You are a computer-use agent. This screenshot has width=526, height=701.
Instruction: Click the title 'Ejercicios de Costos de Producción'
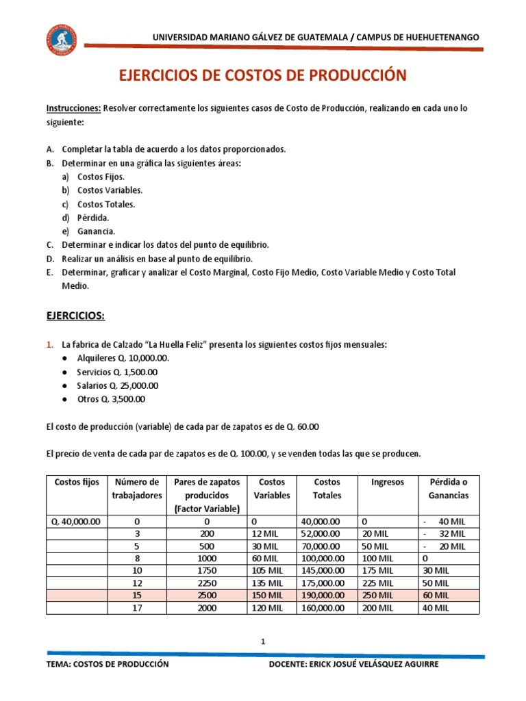point(263,75)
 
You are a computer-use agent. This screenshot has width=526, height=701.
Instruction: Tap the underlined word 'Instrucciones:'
point(73,108)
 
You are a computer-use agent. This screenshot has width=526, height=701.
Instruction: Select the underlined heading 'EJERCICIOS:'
point(75,317)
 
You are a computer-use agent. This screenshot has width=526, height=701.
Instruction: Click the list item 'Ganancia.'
point(97,231)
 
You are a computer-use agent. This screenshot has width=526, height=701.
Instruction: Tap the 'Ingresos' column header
point(387,482)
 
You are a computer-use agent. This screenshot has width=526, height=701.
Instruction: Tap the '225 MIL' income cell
point(377,583)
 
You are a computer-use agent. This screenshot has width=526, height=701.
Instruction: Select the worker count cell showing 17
point(137,607)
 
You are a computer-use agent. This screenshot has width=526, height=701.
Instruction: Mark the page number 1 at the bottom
point(262,641)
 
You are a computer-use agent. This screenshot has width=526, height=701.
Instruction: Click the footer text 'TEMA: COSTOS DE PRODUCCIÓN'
point(107,664)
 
